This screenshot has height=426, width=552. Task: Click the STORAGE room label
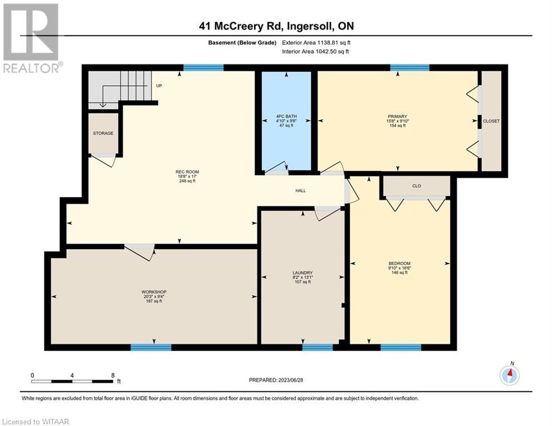point(103,134)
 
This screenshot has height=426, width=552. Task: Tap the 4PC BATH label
point(286,116)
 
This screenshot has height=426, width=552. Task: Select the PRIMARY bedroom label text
point(397,116)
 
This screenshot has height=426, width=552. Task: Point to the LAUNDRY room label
point(303,273)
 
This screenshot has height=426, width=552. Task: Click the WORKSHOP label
point(154,292)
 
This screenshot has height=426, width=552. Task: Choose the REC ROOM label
point(188,172)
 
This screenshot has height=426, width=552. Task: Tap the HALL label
point(301,190)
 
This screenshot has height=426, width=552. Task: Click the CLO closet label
point(417,186)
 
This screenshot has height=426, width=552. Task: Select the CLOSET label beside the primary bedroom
point(492,121)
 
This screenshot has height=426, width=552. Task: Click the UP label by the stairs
point(159,85)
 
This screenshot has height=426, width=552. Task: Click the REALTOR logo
point(31,38)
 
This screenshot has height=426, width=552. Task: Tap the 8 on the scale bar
point(113,376)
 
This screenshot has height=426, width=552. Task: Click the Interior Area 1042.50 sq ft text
point(316,52)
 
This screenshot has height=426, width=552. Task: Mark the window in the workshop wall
point(151,347)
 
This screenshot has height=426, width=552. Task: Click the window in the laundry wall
point(317,347)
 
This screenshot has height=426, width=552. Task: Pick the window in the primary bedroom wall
point(410,68)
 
